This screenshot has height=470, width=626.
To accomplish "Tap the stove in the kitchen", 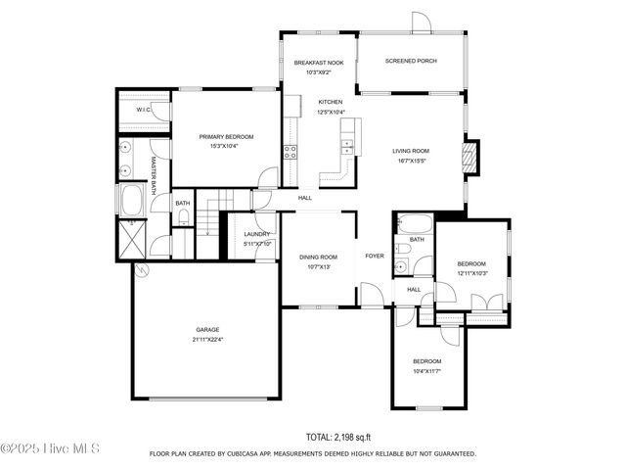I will tap(291, 152).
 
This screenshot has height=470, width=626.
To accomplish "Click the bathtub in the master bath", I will tap(131, 201).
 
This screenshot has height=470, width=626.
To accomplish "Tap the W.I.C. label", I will tap(142, 110).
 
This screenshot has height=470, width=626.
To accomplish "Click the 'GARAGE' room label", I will tap(206, 329).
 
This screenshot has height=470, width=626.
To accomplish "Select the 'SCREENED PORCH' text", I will tap(411, 61).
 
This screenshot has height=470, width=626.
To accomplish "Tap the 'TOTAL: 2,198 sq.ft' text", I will tap(338, 437).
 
